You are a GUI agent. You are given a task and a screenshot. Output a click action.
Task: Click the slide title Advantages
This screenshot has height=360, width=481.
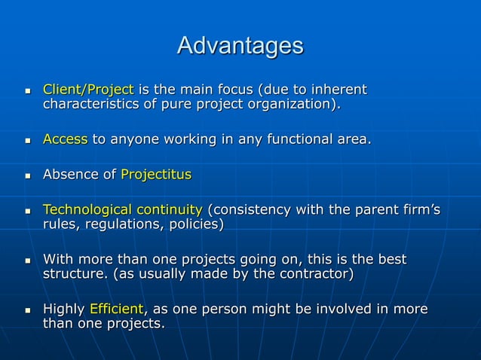click(240, 46)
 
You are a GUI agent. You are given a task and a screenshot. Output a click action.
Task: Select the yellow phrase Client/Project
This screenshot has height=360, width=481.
click(87, 90)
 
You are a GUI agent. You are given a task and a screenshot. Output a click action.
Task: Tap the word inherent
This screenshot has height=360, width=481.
click(338, 90)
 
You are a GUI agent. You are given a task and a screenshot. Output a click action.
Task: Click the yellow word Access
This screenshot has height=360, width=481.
click(65, 139)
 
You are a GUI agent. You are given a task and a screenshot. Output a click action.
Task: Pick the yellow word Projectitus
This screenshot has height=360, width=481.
click(156, 175)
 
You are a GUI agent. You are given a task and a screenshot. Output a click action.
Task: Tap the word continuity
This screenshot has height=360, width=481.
click(171, 209)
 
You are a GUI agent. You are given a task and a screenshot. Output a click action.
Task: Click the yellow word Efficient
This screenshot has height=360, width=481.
click(116, 310)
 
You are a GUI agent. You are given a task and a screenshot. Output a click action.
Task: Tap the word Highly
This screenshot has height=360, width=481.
click(64, 310)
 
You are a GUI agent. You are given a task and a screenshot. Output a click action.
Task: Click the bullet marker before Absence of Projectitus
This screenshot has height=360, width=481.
click(28, 175)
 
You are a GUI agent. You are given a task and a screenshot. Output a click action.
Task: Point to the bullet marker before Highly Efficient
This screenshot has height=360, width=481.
click(28, 310)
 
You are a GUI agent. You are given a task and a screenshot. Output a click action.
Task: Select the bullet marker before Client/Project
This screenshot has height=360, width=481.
click(28, 91)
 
